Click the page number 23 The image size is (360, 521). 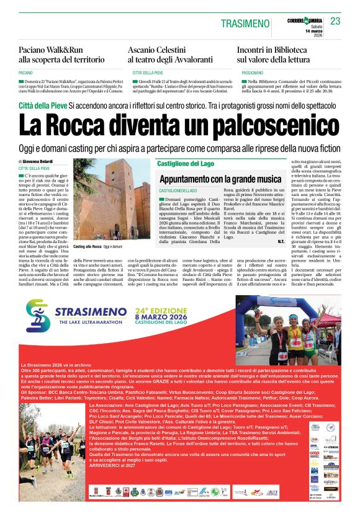click(x=336, y=21)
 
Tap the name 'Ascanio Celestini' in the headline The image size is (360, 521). click(x=162, y=50)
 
